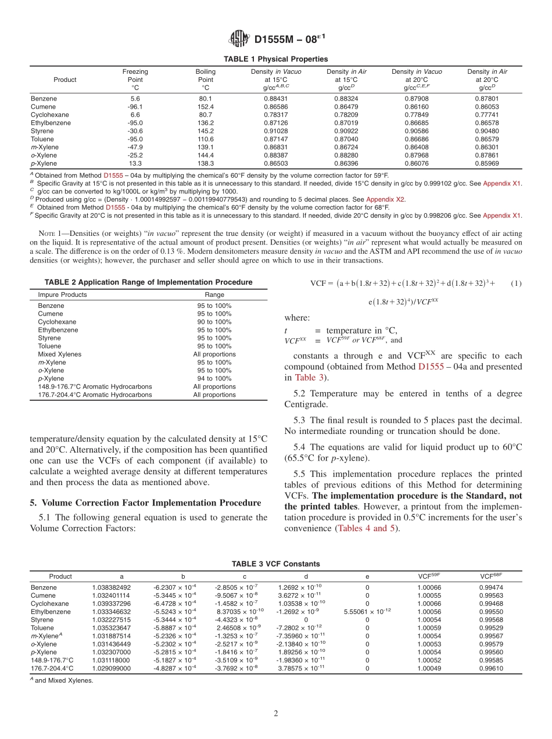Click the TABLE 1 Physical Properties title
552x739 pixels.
click(275, 59)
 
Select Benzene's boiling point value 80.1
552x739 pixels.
click(206, 99)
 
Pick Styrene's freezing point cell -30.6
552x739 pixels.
click(135, 131)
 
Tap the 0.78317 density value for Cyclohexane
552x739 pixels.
click(276, 115)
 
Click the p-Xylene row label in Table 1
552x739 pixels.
click(44, 164)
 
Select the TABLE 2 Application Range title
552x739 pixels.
click(148, 282)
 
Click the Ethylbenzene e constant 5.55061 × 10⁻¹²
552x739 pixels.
click(367, 612)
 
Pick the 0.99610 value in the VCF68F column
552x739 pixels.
click(491, 668)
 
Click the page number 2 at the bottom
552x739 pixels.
click(276, 713)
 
